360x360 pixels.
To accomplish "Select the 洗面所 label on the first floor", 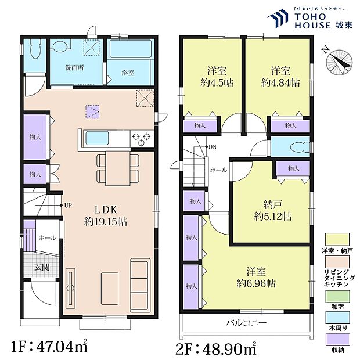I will (74, 67).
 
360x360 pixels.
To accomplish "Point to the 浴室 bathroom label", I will (128, 73).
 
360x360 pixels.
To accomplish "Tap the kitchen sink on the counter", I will (98, 138).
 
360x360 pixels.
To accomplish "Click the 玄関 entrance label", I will (41, 267).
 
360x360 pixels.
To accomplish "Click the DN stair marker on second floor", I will (213, 146).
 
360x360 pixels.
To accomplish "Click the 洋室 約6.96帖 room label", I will (256, 278).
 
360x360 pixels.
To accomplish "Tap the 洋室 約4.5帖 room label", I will (214, 77).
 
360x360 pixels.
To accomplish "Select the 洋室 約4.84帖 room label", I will (280, 77).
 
